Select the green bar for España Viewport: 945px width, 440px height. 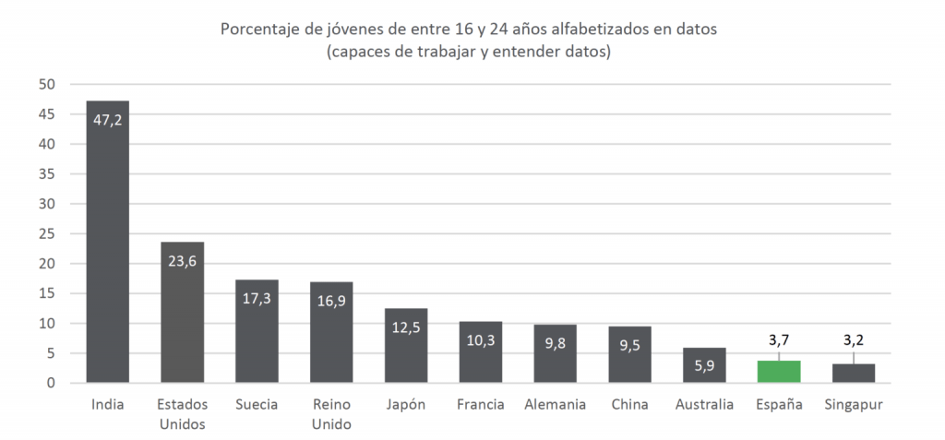coord(778,372)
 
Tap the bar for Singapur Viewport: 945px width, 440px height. coord(853,374)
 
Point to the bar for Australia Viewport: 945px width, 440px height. coord(703,365)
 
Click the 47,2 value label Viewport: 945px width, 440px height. coord(107,119)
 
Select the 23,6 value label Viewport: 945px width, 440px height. coord(182,260)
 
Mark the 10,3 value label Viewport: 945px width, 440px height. coord(480,339)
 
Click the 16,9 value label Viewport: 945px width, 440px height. coord(330,300)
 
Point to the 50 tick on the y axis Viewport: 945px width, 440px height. coord(48,85)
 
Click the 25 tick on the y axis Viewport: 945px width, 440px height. coord(48,234)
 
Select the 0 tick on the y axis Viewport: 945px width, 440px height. coord(53,383)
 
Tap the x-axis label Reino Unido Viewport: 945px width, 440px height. coord(330,414)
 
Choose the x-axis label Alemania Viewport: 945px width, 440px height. coord(555,405)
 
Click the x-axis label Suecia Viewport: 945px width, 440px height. coord(257,405)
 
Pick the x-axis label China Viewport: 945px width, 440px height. coord(629,405)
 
